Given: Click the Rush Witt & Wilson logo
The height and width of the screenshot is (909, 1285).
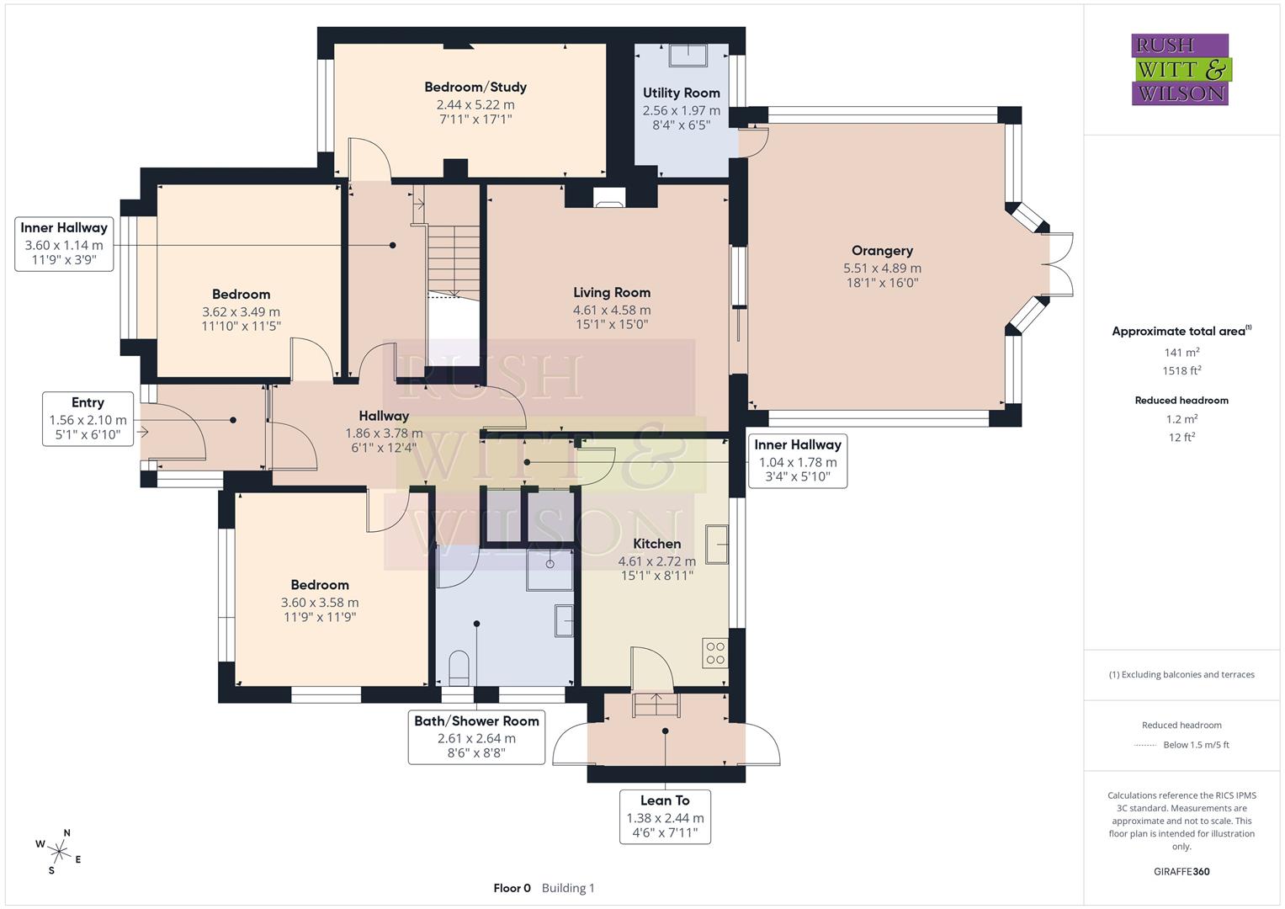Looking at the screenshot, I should click(x=1180, y=69).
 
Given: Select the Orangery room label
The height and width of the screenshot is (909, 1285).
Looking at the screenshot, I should click(x=882, y=251).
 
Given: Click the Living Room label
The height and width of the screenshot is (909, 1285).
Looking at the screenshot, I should click(x=612, y=293).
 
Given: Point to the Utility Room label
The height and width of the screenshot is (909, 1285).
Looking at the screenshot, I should click(x=681, y=93).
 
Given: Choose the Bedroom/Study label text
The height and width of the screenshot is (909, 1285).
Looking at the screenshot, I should click(x=475, y=87).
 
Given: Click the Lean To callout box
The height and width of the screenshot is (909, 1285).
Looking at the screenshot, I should click(x=665, y=816).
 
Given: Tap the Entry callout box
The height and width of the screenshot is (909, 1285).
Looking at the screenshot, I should click(x=88, y=419).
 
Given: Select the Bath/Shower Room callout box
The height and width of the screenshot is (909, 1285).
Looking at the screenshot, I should click(x=476, y=738).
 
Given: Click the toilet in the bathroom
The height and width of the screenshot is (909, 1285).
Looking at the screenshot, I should click(x=459, y=667).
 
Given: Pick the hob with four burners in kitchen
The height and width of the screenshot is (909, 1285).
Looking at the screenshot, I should click(x=715, y=653).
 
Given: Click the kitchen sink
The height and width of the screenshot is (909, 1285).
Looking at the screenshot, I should click(x=717, y=545).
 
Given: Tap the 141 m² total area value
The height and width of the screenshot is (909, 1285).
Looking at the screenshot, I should click(x=1181, y=353).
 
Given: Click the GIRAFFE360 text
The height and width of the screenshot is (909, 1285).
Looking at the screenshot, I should click(x=1181, y=871).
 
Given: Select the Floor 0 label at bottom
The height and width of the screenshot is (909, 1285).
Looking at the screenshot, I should click(x=512, y=888).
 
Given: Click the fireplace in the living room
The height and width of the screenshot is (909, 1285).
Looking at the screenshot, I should click(x=609, y=198).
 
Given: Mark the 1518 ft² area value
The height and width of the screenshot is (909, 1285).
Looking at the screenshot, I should click(x=1181, y=370).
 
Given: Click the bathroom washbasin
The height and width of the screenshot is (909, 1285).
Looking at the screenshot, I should click(x=564, y=621).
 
